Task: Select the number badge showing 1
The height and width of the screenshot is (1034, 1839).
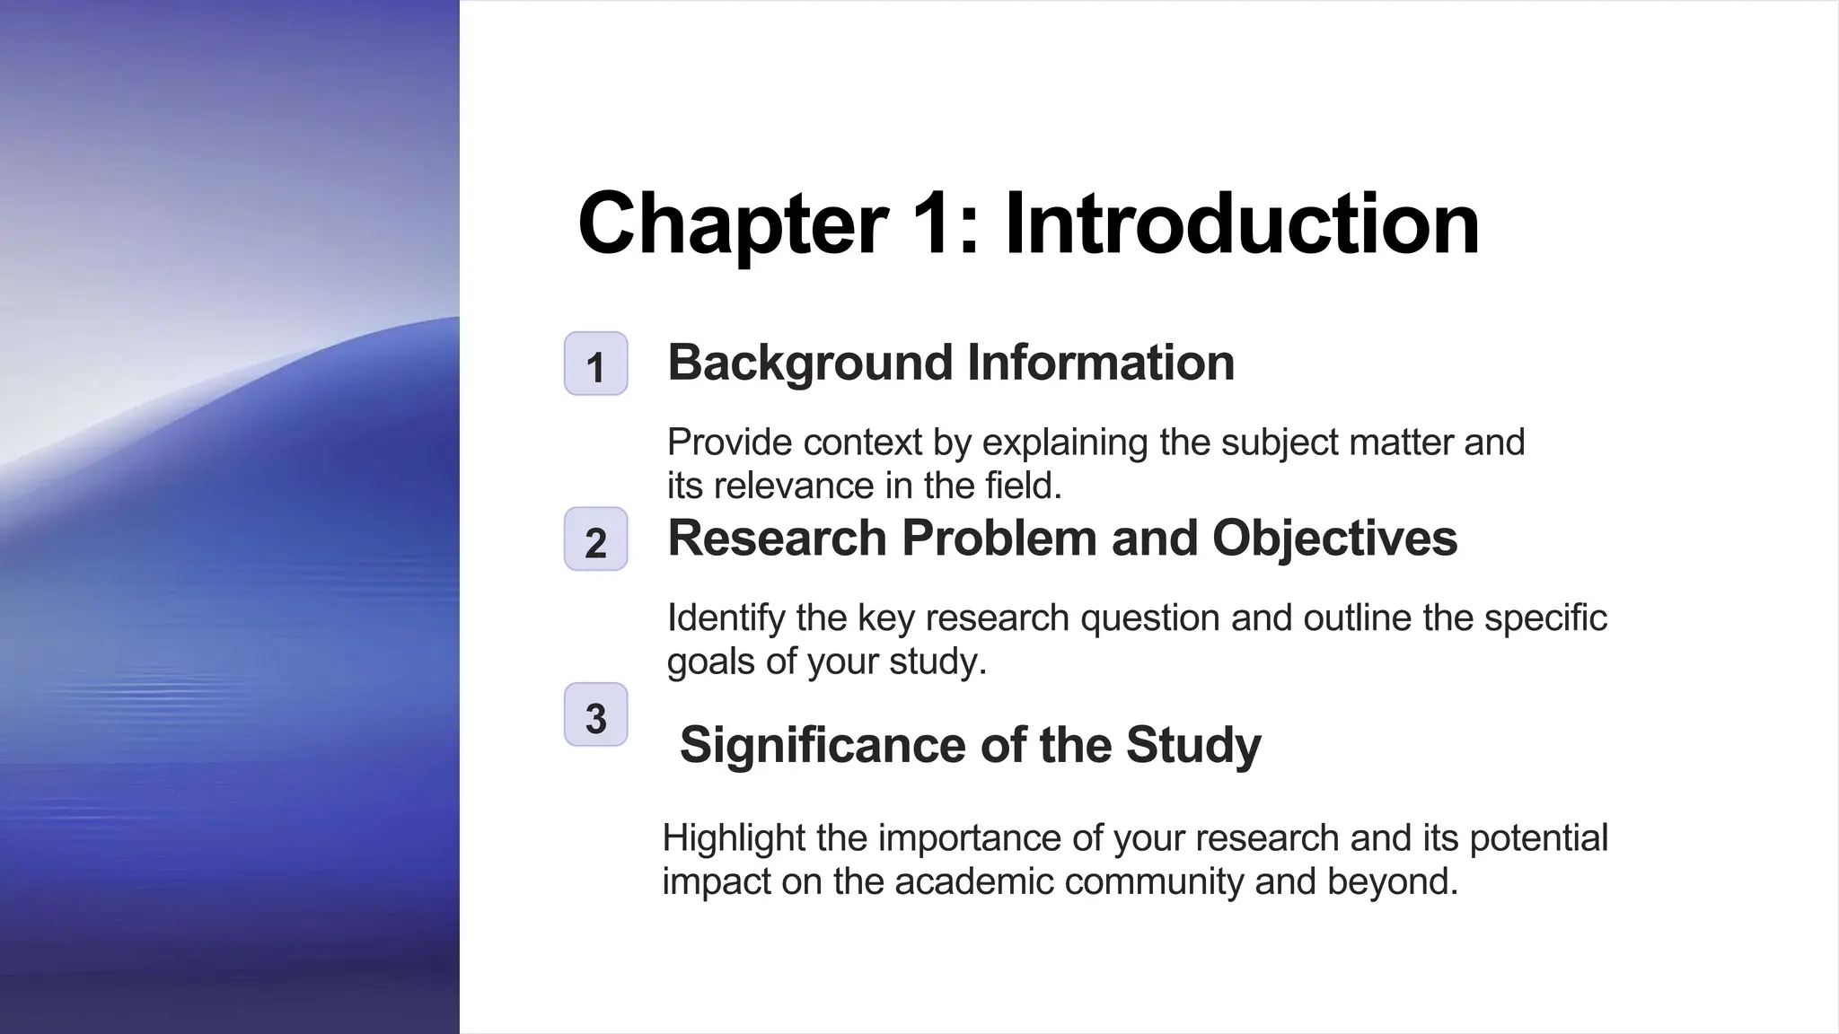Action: (x=595, y=364)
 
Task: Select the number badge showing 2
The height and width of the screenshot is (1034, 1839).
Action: (x=595, y=540)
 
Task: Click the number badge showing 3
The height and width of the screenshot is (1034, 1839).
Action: (x=595, y=715)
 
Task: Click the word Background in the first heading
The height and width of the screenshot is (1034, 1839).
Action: (x=809, y=364)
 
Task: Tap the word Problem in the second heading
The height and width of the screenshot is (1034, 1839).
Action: (x=999, y=539)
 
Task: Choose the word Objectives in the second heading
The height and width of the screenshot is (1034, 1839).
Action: (x=1334, y=539)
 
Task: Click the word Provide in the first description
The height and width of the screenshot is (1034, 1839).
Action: (x=730, y=443)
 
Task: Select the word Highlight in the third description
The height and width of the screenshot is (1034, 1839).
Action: (x=734, y=838)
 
